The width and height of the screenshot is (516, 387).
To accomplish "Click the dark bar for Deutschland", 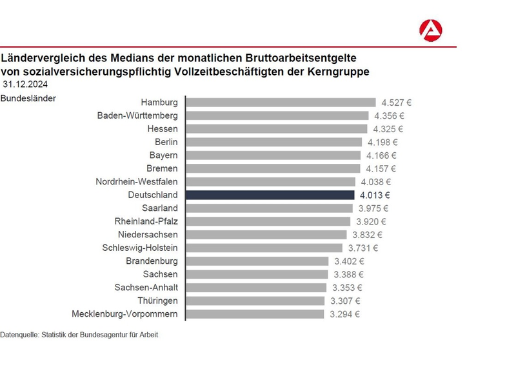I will click(270, 194).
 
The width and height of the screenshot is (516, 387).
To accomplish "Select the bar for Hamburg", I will click(281, 102).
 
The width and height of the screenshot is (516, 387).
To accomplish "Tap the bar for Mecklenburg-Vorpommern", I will click(255, 314).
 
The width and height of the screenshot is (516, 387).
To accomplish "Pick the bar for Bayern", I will click(273, 155).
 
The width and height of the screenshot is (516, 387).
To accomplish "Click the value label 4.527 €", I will click(397, 102).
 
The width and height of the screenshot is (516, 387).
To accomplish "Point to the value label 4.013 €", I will click(375, 194).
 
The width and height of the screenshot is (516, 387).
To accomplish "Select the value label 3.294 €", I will click(344, 314).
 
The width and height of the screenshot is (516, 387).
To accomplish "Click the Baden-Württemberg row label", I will click(137, 115).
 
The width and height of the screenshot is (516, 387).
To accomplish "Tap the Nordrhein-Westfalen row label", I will click(137, 182).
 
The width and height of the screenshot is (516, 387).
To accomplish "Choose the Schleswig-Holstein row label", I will click(140, 248).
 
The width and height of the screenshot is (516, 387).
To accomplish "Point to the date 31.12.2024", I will click(25, 84).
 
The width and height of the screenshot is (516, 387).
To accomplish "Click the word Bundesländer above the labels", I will click(28, 98).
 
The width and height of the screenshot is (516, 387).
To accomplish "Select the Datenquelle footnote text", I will click(79, 335).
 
